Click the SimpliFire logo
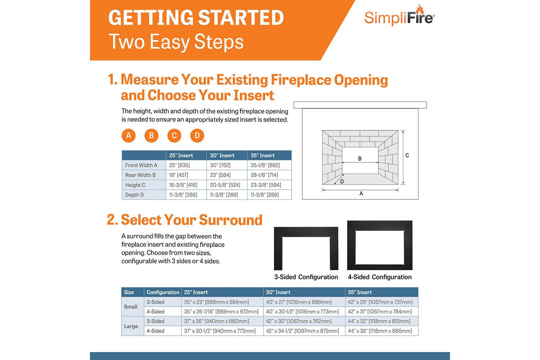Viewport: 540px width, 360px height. point(399,16)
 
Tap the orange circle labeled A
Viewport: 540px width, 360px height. point(129,136)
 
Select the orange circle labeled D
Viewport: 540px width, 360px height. point(197,136)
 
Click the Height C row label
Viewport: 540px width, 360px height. point(135,185)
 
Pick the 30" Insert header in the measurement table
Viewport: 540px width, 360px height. point(222,156)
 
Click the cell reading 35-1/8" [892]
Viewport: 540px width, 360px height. point(265,165)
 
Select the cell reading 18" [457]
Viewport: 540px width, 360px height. point(179,175)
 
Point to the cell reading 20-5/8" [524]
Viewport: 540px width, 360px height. point(225,185)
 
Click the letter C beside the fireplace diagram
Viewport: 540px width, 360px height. point(407,156)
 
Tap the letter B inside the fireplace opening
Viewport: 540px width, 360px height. point(360,158)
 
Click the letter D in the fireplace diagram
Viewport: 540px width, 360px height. point(342,181)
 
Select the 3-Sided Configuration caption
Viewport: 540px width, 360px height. point(306,277)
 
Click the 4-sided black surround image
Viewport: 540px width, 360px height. point(380,246)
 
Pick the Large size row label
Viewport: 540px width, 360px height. point(131,326)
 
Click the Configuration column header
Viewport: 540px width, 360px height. point(163,292)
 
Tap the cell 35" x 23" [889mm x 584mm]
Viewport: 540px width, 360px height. point(216,302)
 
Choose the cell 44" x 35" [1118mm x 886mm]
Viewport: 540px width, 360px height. point(380,331)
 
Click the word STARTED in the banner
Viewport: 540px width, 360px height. point(241,18)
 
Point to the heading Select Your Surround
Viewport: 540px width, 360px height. point(191,220)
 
